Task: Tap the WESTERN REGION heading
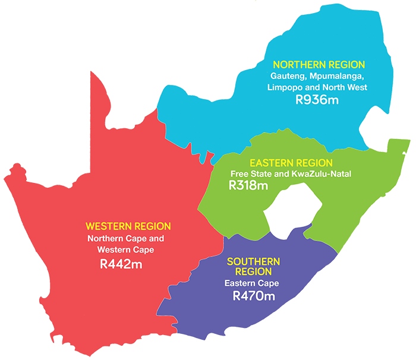click(x=128, y=226)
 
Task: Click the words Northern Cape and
click(x=125, y=238)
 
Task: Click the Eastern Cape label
click(x=252, y=283)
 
